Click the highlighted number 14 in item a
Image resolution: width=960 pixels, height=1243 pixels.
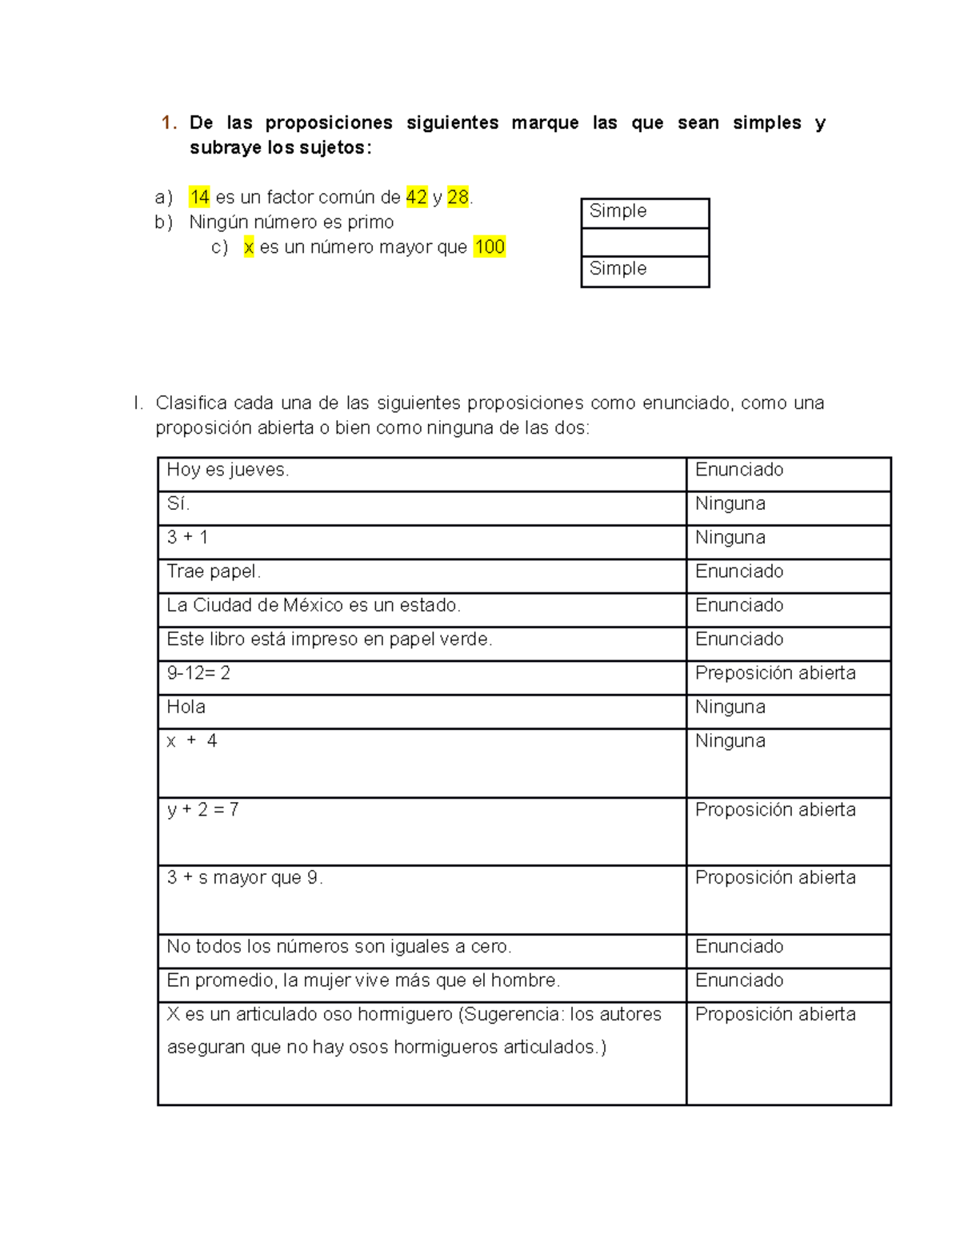[199, 197]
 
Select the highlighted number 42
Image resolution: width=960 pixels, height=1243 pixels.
[416, 197]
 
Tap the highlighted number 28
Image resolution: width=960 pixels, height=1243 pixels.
[458, 197]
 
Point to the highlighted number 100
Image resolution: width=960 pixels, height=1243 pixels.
[489, 247]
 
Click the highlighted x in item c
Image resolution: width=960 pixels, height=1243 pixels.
[249, 247]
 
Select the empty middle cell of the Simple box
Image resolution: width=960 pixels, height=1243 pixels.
[645, 243]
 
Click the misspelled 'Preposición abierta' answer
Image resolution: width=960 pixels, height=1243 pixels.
[774, 673]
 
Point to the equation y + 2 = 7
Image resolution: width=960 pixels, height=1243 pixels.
[202, 809]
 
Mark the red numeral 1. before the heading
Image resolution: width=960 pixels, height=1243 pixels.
[168, 122]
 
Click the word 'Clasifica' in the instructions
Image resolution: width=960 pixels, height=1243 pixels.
[190, 403]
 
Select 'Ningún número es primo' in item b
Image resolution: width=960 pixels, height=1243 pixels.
[291, 222]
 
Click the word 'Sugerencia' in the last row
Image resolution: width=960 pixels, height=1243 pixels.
[512, 1014]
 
